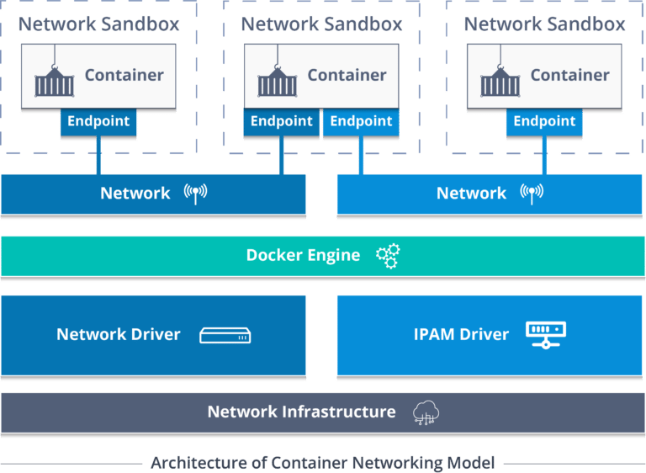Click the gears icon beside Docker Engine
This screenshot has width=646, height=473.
(x=388, y=256)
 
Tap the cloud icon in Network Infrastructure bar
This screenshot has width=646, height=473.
(x=426, y=412)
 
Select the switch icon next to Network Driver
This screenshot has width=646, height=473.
(x=225, y=336)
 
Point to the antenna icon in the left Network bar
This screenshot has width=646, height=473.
(x=195, y=194)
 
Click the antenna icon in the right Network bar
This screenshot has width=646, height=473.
(x=532, y=194)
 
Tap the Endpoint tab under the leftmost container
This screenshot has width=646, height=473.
(x=98, y=121)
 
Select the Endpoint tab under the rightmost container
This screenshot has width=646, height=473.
(x=544, y=121)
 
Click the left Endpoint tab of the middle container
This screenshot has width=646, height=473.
(x=282, y=121)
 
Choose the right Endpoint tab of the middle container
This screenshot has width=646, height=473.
(x=361, y=121)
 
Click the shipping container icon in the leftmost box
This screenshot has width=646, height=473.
(x=54, y=80)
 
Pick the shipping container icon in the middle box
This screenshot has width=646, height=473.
(x=277, y=80)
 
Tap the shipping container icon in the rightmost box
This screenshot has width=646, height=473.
(x=500, y=80)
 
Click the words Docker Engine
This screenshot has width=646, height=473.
(x=303, y=256)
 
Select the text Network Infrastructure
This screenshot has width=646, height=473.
(x=301, y=412)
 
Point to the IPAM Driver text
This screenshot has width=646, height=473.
(x=461, y=335)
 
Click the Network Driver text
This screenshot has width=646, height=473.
(x=119, y=335)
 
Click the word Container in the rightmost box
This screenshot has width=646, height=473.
(x=569, y=75)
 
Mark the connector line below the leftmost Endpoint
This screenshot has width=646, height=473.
(x=98, y=154)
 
